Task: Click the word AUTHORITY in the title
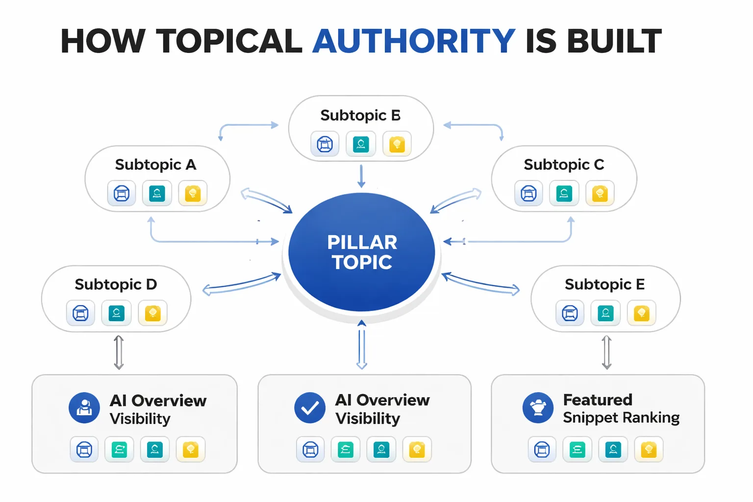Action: (x=413, y=41)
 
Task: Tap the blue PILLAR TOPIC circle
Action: (x=362, y=252)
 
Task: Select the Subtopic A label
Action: (x=155, y=165)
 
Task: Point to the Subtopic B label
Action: (x=360, y=115)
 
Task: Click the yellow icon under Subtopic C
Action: (x=600, y=194)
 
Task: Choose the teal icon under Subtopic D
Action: (x=116, y=313)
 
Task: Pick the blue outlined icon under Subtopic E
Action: (x=570, y=313)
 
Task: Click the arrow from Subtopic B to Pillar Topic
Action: (x=361, y=176)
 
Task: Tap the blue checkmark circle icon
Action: (x=310, y=408)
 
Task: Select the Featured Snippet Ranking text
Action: (x=621, y=408)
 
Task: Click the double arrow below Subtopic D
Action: (x=119, y=352)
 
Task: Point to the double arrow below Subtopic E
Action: (x=606, y=352)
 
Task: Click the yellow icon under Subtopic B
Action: (x=397, y=144)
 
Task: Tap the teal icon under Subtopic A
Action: (x=157, y=193)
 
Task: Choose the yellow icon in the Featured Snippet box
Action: (x=649, y=449)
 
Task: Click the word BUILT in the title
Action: (x=614, y=41)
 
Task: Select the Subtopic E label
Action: (x=604, y=284)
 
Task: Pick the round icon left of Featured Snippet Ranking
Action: (x=538, y=408)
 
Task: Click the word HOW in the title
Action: (x=103, y=41)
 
